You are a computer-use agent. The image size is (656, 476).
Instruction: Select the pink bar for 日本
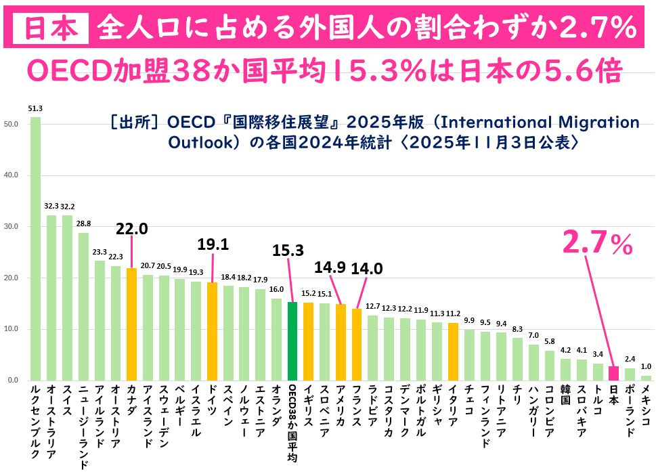[x=613, y=373]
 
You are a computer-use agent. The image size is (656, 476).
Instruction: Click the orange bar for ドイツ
[x=212, y=331]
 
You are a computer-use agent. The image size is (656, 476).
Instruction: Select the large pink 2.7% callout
[x=598, y=244]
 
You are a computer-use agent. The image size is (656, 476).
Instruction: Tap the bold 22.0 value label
[x=131, y=230]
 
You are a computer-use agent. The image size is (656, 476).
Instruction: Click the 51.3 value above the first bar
[x=35, y=108]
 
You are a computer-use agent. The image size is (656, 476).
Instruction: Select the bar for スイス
[x=68, y=297]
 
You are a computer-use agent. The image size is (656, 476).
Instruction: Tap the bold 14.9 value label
[x=330, y=267]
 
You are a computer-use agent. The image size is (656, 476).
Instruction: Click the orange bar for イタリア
[x=453, y=351]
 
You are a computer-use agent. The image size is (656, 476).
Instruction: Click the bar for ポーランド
[x=630, y=374]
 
